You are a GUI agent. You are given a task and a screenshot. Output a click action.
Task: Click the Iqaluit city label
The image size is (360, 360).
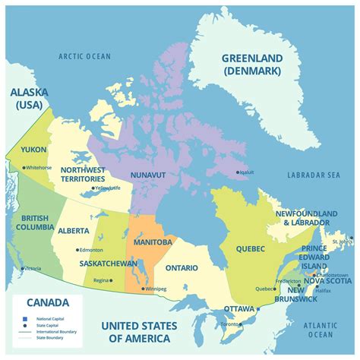(246, 172)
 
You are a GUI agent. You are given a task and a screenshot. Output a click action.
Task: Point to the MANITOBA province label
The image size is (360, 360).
(152, 242)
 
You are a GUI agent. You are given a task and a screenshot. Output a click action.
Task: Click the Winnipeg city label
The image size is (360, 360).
(156, 289)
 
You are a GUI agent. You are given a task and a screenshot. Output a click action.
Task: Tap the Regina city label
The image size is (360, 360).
(101, 279)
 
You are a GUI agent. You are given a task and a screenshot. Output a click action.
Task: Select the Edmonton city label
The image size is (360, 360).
(90, 249)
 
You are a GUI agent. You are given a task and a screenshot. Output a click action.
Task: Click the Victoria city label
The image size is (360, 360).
(33, 268)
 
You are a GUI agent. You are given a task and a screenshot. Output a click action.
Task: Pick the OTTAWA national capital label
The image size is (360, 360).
(239, 308)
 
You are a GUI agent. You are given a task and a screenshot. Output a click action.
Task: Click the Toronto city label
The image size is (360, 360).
(231, 324)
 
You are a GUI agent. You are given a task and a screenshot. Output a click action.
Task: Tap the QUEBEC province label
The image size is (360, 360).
(250, 248)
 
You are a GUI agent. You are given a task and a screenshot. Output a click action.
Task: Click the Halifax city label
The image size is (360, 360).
(324, 290)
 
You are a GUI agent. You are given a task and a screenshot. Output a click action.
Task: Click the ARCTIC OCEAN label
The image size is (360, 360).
(85, 56)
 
